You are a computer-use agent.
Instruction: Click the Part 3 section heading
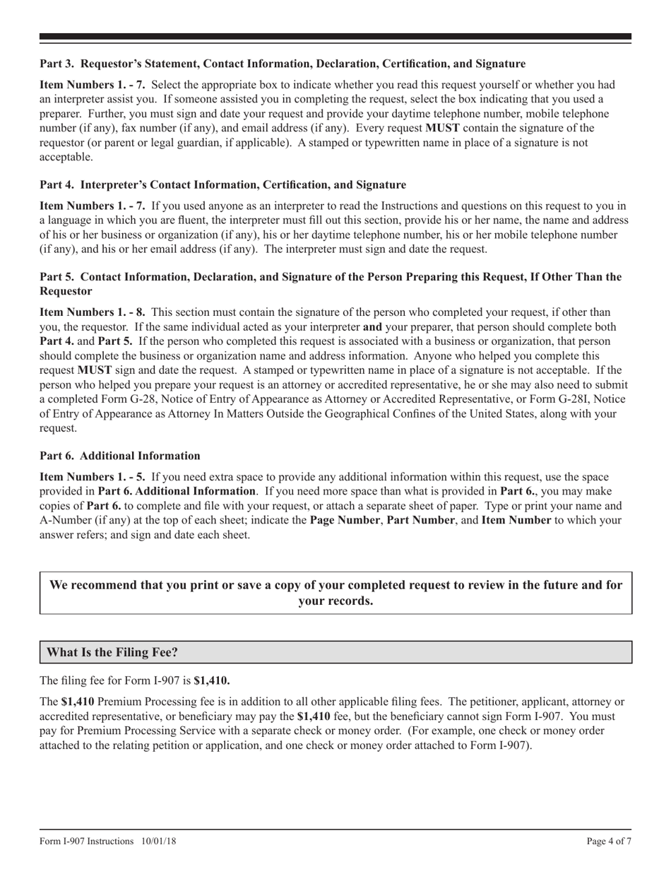coord(282,64)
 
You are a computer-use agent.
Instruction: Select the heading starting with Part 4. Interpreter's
coord(222,184)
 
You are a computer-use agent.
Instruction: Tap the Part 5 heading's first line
coord(331,276)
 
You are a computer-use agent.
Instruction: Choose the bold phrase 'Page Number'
coord(342,520)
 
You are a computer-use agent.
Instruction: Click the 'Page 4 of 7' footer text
coord(609,841)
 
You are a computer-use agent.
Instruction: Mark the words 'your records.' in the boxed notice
coord(335,601)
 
